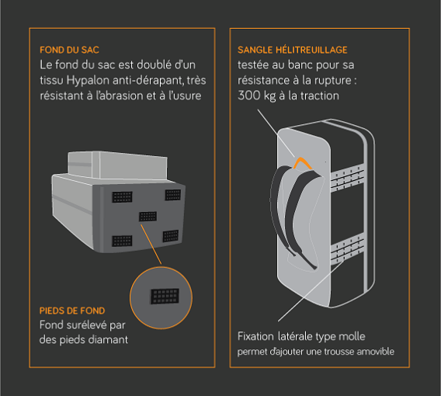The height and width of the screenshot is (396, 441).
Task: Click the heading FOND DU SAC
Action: [69, 50]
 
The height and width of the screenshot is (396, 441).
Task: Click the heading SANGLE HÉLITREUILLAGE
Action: [292, 50]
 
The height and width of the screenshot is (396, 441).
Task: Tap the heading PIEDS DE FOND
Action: [72, 311]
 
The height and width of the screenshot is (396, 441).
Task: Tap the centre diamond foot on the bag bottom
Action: [148, 217]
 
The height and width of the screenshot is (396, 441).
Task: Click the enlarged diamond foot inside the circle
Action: [165, 296]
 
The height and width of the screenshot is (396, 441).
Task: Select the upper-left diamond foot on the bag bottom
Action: [122, 197]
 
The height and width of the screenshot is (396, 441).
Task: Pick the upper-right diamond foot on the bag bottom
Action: [173, 195]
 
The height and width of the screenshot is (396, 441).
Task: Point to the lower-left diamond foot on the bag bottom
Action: [122, 241]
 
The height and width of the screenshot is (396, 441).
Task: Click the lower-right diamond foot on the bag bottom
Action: [171, 236]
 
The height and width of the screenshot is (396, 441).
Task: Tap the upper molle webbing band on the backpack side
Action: [347, 179]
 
